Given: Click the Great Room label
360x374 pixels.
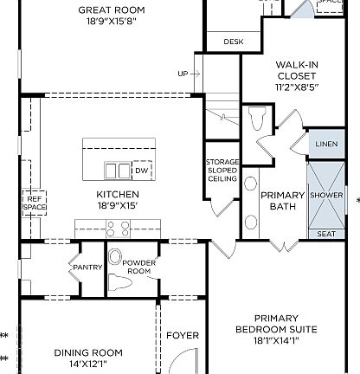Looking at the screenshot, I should click(x=111, y=10).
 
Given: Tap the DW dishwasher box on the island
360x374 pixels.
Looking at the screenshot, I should click(x=141, y=171).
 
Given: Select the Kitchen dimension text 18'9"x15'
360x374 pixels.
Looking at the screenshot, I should click(x=118, y=206).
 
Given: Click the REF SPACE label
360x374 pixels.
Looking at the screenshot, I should click(x=33, y=203).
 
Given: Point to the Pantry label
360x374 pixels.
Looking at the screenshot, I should click(x=88, y=268).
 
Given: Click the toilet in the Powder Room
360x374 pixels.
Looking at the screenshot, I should click(x=117, y=258).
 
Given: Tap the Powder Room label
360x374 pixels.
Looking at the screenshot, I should click(x=138, y=268).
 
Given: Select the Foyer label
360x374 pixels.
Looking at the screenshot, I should click(x=183, y=336).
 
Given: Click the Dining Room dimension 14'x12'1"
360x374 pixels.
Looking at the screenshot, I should click(x=88, y=364).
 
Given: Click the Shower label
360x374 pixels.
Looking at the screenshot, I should click(x=326, y=195).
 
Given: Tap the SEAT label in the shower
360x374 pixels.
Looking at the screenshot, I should click(x=326, y=234).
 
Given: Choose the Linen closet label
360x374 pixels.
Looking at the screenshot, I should click(x=326, y=143).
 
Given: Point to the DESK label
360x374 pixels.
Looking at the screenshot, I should click(x=233, y=42).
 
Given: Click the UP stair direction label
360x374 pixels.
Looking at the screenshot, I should click(x=183, y=74).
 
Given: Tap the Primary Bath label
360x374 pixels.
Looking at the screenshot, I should click(x=282, y=201).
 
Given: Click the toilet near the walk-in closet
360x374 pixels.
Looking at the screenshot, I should click(x=258, y=116).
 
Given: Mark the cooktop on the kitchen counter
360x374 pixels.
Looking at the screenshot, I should click(x=117, y=229).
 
